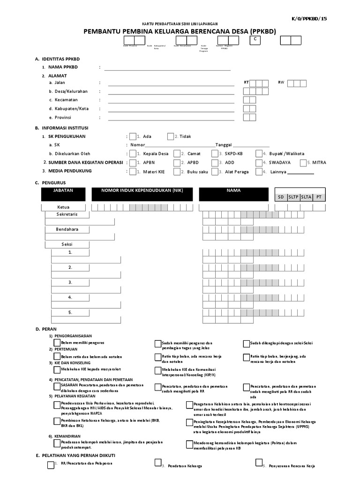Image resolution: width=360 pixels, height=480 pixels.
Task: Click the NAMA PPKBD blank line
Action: pos(167,69)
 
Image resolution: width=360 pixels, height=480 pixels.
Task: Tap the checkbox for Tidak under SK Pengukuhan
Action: pos(170,136)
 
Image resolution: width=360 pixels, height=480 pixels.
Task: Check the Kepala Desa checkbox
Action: pos(133,153)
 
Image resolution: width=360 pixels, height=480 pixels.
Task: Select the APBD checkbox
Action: pos(177,163)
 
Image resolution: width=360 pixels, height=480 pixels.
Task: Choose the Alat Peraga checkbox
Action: pos(215,172)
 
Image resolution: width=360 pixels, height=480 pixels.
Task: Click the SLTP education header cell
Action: pos(294,197)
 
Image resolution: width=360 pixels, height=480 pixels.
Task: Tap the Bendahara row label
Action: pos(67,229)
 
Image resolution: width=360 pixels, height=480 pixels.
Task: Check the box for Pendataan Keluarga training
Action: pos(158,463)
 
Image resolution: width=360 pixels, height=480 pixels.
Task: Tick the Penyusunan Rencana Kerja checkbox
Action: pos(259,463)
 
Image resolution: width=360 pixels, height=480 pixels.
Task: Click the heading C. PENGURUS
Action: pos(50,182)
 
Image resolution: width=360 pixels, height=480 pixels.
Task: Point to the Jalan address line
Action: pos(171,86)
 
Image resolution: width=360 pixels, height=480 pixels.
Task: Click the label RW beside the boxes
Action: pos(281,82)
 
